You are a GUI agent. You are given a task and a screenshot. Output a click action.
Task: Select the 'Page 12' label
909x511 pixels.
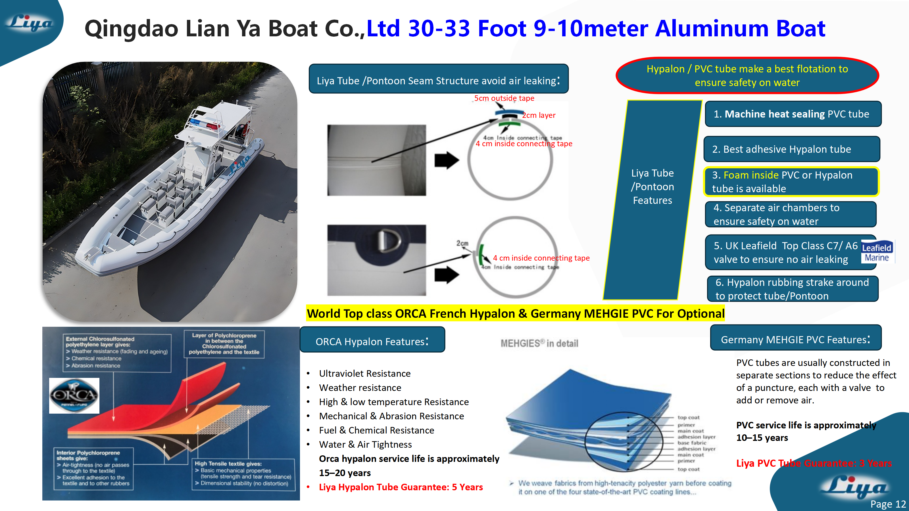coord(888,504)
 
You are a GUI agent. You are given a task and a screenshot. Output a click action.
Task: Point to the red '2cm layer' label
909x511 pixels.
coord(539,115)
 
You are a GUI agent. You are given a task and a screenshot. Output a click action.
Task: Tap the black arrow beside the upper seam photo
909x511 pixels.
coord(446,160)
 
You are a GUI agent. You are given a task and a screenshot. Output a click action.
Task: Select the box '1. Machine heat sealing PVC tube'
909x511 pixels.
coord(793,114)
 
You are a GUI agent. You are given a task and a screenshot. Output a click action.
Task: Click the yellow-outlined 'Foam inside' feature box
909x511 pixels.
coord(791,182)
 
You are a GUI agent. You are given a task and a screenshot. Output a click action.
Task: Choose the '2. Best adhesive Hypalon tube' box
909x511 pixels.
coord(791,149)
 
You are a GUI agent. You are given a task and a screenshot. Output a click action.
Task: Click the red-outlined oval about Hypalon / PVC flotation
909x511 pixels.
coord(747,76)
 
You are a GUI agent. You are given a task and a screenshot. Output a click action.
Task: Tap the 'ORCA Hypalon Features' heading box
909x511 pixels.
coord(372,341)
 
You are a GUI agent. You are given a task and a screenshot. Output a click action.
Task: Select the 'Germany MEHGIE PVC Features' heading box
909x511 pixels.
coord(795,339)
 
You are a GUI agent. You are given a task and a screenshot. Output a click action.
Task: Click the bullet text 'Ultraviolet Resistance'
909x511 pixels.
coord(364,374)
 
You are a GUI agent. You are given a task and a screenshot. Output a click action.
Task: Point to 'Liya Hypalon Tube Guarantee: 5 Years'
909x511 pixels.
coord(401,487)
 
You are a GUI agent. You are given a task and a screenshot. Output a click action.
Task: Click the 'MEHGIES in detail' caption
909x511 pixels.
coord(539,343)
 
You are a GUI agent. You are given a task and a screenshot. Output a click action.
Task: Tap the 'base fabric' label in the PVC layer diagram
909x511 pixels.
coord(692,443)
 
